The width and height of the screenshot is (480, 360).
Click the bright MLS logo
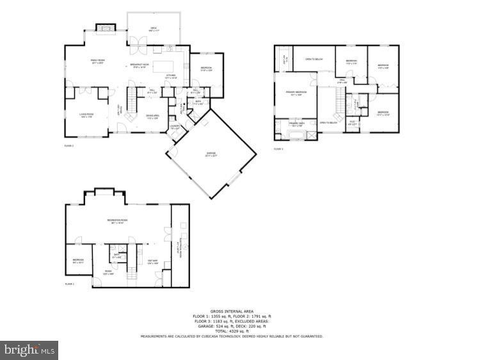[29, 350]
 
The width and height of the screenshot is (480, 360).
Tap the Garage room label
[211, 154]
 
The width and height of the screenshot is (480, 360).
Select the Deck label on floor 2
[154, 29]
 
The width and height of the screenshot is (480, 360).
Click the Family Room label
[98, 63]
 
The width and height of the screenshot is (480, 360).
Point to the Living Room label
[86, 116]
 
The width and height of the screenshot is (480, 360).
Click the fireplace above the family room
[104, 28]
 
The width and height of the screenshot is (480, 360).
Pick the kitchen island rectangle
[164, 65]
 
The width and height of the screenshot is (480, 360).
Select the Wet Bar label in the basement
[153, 261]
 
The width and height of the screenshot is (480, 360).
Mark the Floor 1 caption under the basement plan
[69, 284]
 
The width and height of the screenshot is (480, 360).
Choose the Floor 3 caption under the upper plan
[278, 149]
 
